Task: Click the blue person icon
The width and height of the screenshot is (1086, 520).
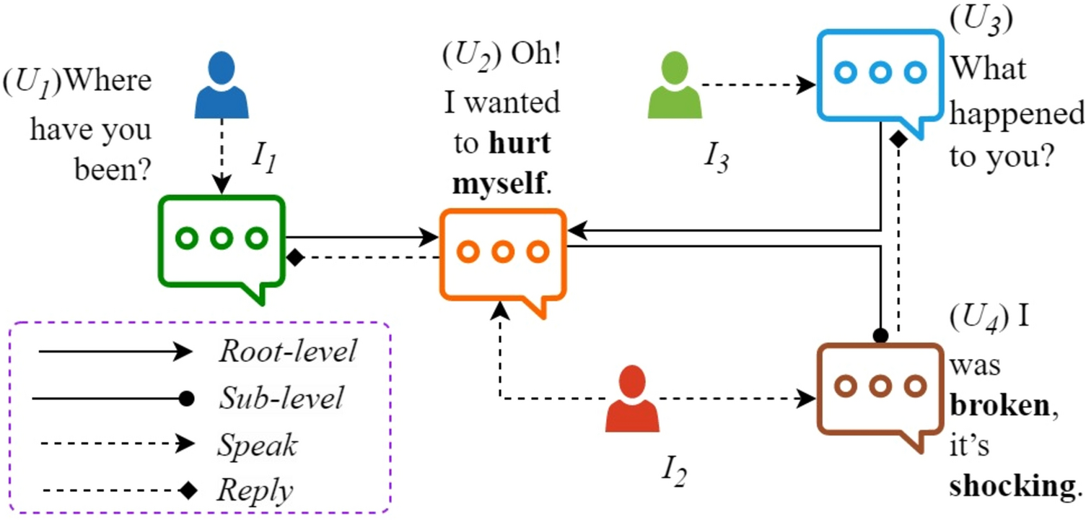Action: click(x=221, y=84)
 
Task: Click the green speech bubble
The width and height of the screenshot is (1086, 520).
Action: click(x=222, y=242)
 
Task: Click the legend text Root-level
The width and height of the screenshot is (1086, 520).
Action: click(x=287, y=352)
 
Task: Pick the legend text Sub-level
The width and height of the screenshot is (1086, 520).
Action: click(x=281, y=398)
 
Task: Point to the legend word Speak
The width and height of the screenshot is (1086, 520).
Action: click(x=257, y=445)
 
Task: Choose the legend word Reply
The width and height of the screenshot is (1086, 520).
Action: click(x=255, y=491)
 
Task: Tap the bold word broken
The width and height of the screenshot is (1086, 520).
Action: click(x=999, y=406)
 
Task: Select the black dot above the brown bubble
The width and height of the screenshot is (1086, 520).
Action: click(x=880, y=335)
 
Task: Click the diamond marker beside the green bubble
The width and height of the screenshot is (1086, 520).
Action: click(x=294, y=258)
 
